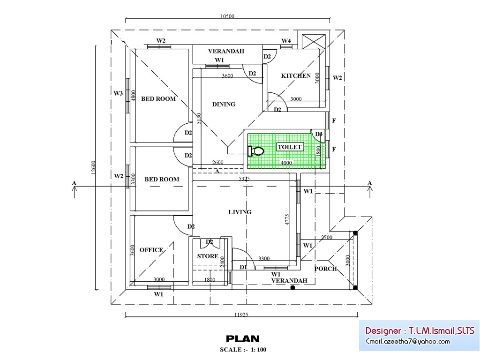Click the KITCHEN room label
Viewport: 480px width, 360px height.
point(296,75)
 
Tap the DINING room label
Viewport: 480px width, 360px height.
point(224,104)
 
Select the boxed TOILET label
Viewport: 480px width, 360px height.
point(290,147)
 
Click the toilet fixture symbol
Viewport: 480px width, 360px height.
point(255,151)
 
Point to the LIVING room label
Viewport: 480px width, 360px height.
point(240,212)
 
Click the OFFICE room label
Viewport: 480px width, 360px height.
point(151,250)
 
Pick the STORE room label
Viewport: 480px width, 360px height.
point(208,256)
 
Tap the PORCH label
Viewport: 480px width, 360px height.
point(325,269)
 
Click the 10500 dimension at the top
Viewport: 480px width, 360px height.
point(227,16)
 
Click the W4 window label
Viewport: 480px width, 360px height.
point(286,41)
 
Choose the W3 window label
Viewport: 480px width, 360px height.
point(118,93)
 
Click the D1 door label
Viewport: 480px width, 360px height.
point(243,267)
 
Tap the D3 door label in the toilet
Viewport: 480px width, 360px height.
point(319,135)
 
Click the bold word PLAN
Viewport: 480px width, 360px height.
point(242,338)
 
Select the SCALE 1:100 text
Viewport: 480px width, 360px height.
point(243,350)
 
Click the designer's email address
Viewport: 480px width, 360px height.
point(408,341)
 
